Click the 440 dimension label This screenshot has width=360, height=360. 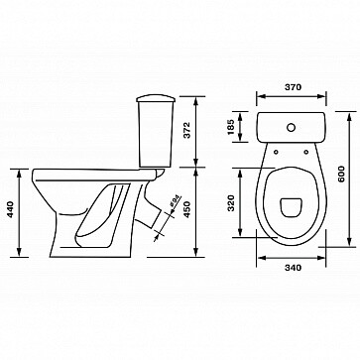coord(11,209)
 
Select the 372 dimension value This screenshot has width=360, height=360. coord(187,130)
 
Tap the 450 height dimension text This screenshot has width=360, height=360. coord(187,209)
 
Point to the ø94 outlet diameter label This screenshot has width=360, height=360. coord(176,201)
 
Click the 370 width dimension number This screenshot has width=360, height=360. coord(293,87)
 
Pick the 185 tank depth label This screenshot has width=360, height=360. coord(231,127)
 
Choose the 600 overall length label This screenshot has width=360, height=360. coord(341,174)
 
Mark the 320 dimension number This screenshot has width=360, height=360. coord(231,203)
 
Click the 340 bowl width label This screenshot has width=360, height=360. coord(293,268)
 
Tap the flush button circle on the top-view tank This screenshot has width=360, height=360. coord(291,127)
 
